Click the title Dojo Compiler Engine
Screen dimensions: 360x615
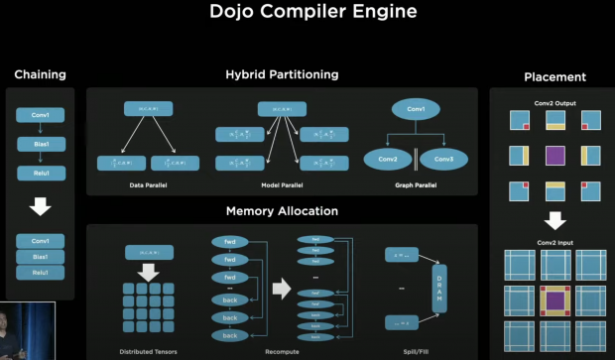(307, 14)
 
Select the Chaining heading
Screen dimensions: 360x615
(39, 75)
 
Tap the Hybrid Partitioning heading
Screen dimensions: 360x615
(281, 74)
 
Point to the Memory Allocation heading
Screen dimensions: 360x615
(281, 210)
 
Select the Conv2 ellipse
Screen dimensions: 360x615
(388, 159)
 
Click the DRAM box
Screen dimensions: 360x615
(439, 289)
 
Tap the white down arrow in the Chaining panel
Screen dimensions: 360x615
(40, 207)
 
